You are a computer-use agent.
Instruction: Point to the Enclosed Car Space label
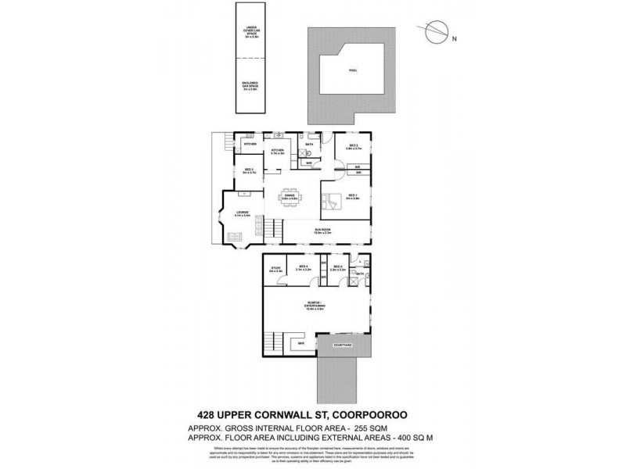(x=251, y=88)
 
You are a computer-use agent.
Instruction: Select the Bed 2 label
(x=354, y=146)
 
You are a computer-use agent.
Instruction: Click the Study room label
(x=275, y=270)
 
